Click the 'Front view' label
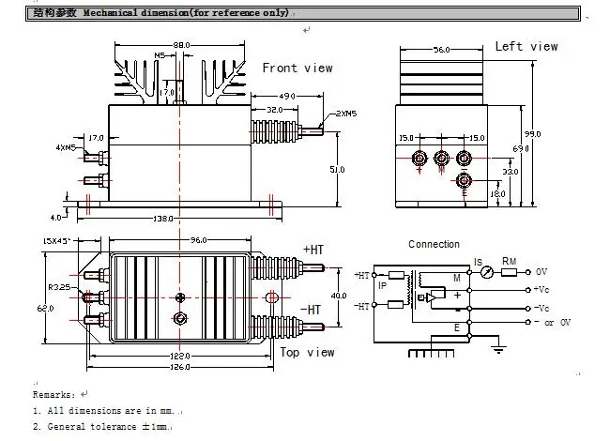coord(297,68)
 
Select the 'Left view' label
coord(526,46)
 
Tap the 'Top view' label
coord(307,352)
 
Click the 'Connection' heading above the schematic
coord(434,244)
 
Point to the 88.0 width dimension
coord(181,45)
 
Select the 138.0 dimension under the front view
coord(163,218)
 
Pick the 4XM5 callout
coord(65,147)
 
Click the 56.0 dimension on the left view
coord(442,50)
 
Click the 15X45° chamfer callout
coord(58,241)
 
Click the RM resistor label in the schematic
coord(509,262)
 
